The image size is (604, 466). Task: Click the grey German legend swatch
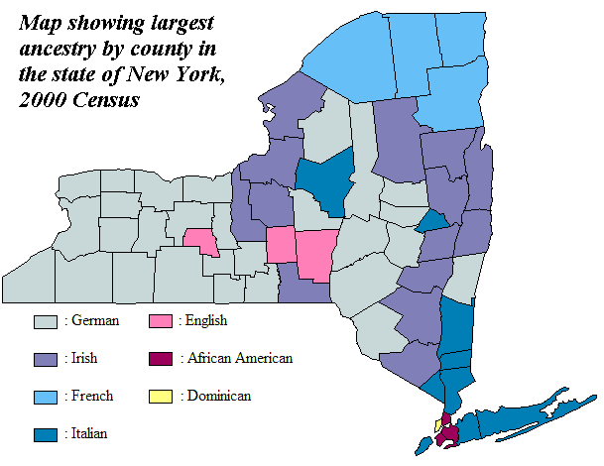pyautogui.click(x=46, y=321)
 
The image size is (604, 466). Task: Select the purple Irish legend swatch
pyautogui.click(x=46, y=358)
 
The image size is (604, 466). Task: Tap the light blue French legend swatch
pyautogui.click(x=46, y=396)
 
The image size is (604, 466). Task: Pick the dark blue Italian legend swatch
pyautogui.click(x=46, y=432)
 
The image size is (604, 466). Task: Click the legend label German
pyautogui.click(x=94, y=321)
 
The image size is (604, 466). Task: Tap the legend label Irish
pyautogui.click(x=85, y=358)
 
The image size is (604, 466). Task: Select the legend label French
pyautogui.click(x=90, y=396)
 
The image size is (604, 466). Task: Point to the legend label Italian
pyautogui.click(x=88, y=432)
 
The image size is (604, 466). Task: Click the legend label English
pyautogui.click(x=206, y=321)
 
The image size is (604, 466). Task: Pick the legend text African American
pyautogui.click(x=238, y=358)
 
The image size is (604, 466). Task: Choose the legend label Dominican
pyautogui.click(x=217, y=396)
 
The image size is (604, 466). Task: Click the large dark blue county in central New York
pyautogui.click(x=326, y=181)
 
